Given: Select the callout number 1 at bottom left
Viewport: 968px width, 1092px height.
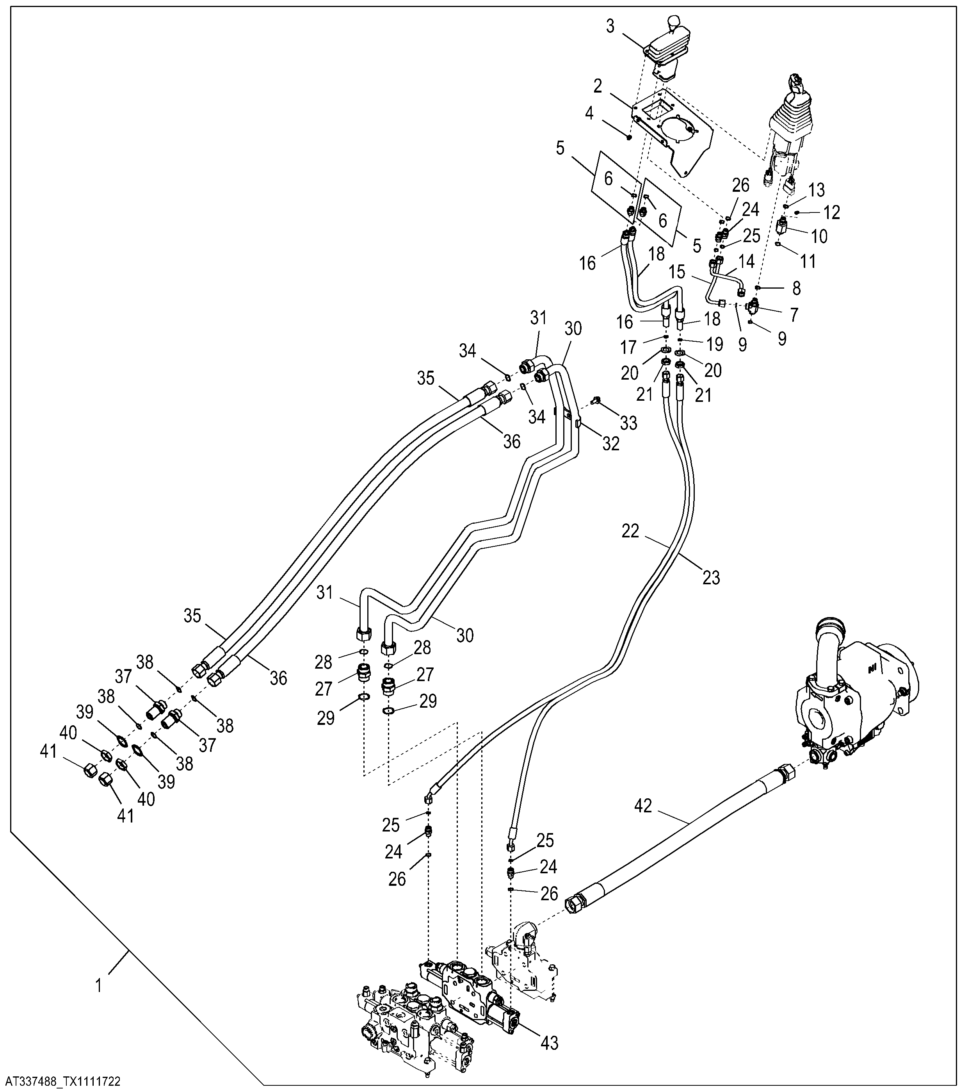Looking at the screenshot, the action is click(x=98, y=985).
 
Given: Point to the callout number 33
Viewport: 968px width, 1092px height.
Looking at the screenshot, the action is click(x=628, y=423).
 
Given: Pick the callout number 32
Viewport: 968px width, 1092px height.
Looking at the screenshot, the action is click(x=611, y=443).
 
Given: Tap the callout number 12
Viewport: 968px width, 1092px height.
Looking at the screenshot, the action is click(x=831, y=212).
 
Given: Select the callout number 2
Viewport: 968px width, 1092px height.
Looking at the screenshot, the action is click(x=598, y=86).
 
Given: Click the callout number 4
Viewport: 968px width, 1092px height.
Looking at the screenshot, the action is click(x=589, y=113).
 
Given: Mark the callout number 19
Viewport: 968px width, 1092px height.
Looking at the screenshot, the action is click(x=715, y=344).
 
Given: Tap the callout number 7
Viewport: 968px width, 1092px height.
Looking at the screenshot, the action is click(x=794, y=315).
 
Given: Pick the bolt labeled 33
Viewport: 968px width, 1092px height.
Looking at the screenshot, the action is click(x=596, y=400).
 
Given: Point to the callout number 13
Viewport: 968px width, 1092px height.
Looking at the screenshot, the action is click(x=817, y=190).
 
